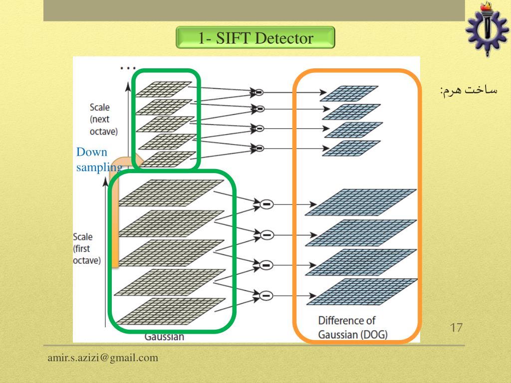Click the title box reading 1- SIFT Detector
point(255,38)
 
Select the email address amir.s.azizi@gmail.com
point(103,358)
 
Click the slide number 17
point(456,328)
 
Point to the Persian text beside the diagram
point(469,90)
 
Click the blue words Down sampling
point(99,160)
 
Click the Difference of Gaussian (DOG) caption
point(353,327)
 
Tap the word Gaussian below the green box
point(164,337)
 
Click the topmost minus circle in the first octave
point(266,204)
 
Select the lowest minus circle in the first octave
point(266,295)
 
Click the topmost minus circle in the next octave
point(259,92)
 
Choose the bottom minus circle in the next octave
point(259,148)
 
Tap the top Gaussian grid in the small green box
point(164,88)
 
